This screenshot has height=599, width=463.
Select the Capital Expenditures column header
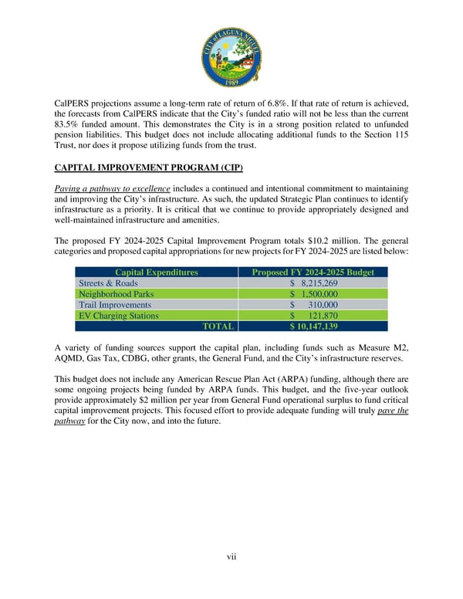(156, 272)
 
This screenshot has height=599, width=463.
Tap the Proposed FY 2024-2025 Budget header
(313, 272)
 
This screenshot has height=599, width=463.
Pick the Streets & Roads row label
(108, 283)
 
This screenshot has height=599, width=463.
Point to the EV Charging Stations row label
(119, 316)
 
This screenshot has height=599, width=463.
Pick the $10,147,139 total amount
(313, 327)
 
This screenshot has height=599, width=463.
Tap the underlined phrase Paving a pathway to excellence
(112, 189)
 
